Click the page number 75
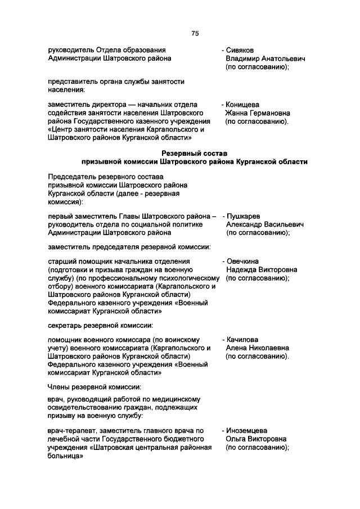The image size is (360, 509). click(x=195, y=33)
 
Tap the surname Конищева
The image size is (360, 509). click(x=244, y=104)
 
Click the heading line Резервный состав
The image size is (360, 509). click(x=194, y=153)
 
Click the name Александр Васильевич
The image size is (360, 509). click(x=264, y=224)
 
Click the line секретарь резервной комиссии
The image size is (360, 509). click(x=100, y=325)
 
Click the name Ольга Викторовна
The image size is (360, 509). click(x=256, y=439)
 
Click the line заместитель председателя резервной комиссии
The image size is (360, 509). click(x=129, y=246)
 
